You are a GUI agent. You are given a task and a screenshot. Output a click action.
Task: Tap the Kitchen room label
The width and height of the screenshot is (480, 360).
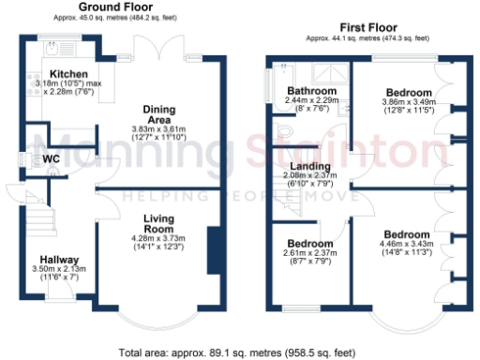click(68, 72)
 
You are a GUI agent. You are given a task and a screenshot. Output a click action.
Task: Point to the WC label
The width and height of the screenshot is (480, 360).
click(50, 159)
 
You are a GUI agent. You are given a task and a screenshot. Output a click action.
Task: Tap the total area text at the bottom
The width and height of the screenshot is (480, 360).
click(238, 353)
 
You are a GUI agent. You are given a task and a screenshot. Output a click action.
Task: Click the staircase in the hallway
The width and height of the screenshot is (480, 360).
click(37, 221)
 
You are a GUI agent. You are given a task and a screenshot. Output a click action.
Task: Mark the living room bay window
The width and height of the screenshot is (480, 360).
click(165, 317)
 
